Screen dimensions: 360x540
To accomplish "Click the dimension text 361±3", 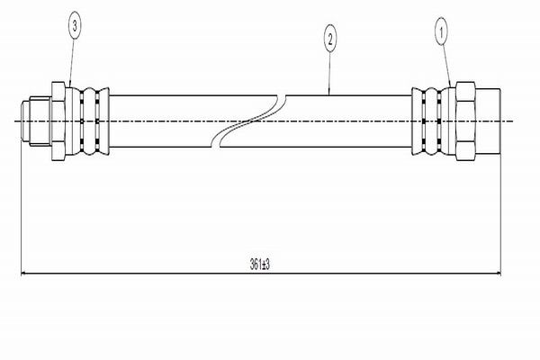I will point(261,263).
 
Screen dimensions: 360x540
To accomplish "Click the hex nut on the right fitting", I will point(465,121).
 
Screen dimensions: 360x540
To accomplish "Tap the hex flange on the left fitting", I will point(58,121).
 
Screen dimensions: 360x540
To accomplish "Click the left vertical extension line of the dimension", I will point(20,207).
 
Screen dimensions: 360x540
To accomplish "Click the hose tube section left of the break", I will point(162,121).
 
